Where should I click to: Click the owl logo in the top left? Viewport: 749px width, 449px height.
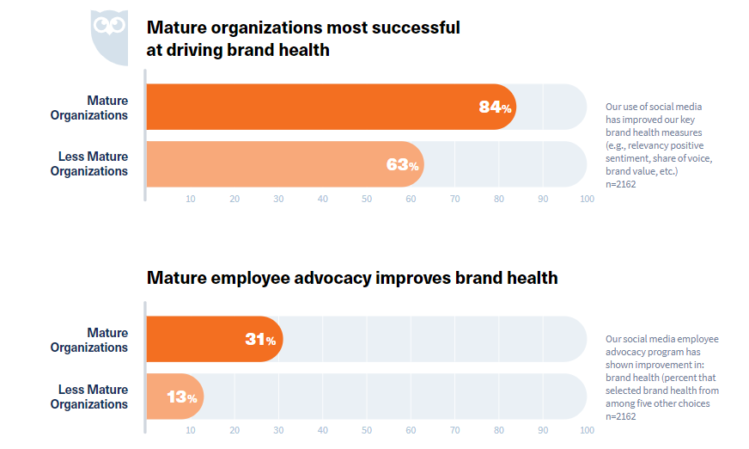[x=109, y=37]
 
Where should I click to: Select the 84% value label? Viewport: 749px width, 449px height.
[x=495, y=108]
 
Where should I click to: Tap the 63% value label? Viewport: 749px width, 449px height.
[x=402, y=164]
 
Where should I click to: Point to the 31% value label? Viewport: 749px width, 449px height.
[x=260, y=340]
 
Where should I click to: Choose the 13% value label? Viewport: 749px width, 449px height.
[x=181, y=397]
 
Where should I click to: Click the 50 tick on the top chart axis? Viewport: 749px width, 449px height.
[x=367, y=199]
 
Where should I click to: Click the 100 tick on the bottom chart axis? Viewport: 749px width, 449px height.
[x=587, y=430]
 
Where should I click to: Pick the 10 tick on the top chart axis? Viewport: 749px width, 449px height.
[x=191, y=199]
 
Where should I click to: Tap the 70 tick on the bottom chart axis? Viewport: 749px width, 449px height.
[x=454, y=430]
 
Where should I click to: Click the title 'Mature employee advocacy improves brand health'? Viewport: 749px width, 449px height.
[x=352, y=278]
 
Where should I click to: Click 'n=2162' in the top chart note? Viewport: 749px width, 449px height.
[x=621, y=184]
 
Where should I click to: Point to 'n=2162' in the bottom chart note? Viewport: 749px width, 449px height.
[x=621, y=415]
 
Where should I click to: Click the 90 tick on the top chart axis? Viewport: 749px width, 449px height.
[x=543, y=199]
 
